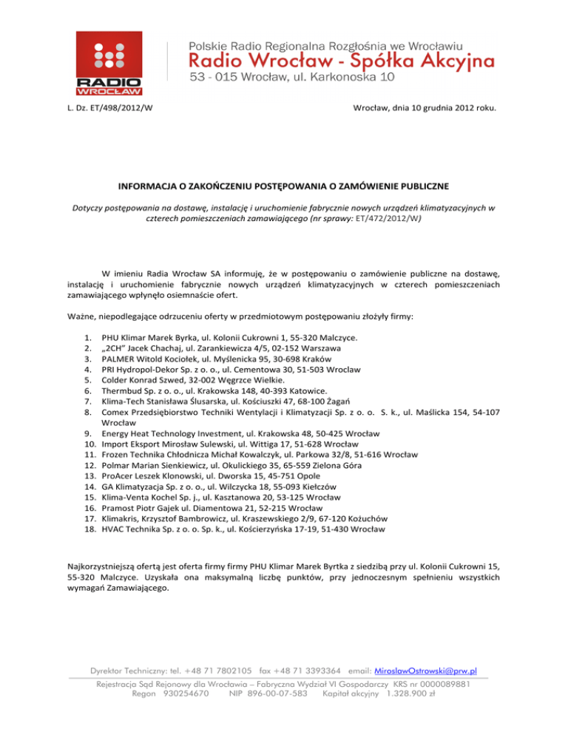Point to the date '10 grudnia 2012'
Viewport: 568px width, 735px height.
(428, 110)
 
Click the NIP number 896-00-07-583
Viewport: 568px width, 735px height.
(270, 694)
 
